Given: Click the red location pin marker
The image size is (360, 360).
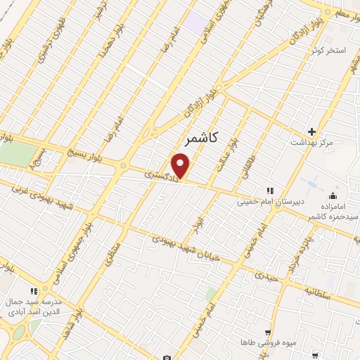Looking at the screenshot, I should pos(181,167).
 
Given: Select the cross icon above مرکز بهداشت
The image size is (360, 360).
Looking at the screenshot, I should pos(311,131).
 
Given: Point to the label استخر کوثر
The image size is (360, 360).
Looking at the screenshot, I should pos(330,51).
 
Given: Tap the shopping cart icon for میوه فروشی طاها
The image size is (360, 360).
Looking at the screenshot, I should pos(267,332).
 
